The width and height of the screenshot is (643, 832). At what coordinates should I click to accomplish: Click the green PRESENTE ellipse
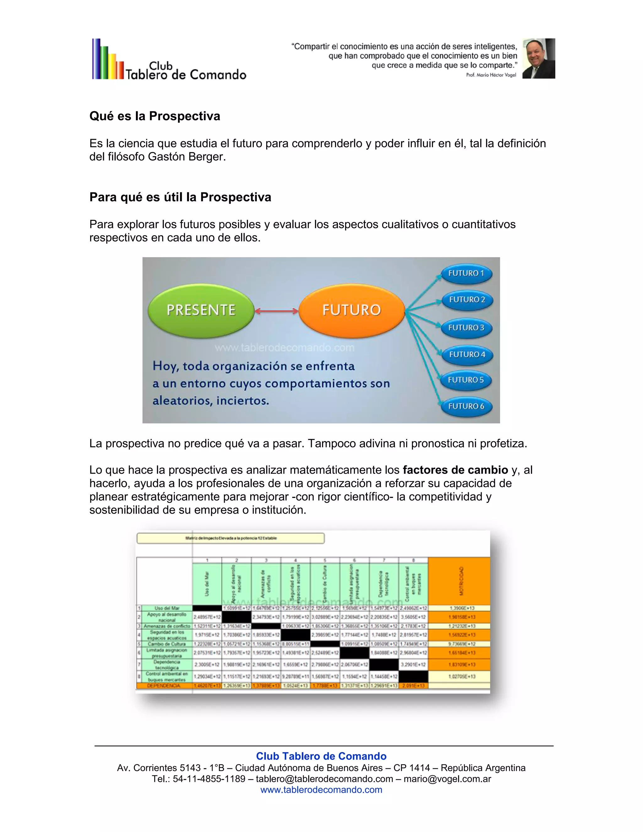click(201, 310)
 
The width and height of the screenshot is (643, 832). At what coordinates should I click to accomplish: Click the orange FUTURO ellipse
click(351, 310)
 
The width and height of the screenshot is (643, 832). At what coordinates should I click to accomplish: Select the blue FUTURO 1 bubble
click(466, 273)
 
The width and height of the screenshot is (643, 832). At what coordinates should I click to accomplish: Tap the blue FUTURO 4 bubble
click(467, 355)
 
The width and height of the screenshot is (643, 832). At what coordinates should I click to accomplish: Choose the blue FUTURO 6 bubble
click(466, 407)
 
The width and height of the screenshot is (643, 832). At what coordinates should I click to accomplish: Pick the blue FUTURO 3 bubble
click(466, 328)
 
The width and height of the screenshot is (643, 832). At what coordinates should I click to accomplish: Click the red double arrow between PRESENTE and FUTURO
click(276, 311)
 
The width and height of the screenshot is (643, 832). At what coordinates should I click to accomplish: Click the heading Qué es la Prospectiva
click(155, 116)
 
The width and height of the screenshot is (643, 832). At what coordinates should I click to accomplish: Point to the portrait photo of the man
click(538, 58)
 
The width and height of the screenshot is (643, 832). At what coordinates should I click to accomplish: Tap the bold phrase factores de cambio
click(455, 470)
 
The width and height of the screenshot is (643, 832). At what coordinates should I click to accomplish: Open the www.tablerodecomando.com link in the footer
click(321, 790)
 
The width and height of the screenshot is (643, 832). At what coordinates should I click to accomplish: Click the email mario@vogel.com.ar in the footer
click(447, 779)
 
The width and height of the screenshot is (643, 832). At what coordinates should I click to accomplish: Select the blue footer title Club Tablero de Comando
click(321, 756)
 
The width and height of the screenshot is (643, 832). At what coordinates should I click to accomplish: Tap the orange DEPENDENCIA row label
click(164, 686)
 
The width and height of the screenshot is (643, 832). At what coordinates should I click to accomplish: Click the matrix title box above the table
click(230, 538)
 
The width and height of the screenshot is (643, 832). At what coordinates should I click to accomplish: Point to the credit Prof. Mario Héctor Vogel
click(491, 75)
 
